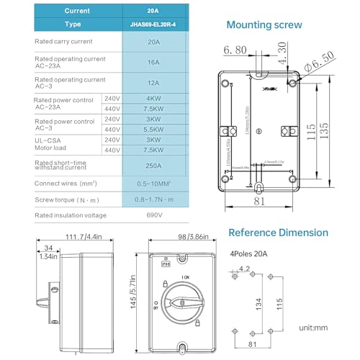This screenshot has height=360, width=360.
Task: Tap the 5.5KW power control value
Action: [x=154, y=129]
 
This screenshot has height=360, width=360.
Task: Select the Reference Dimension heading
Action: [x=278, y=233]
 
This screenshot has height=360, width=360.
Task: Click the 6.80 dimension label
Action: [x=235, y=50]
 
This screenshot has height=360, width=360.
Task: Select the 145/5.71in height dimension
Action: [x=133, y=295]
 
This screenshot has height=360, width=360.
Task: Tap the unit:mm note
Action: [x=314, y=328]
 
